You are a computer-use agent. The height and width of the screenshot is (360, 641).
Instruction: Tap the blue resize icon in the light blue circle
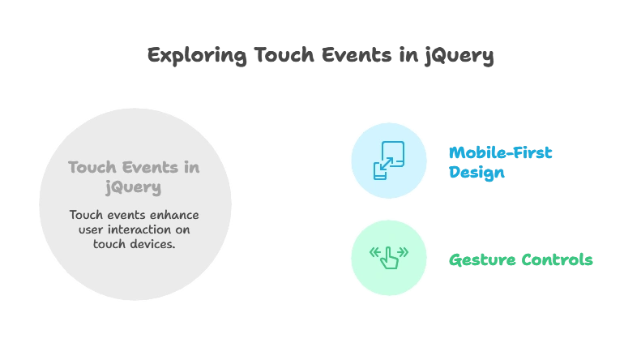[388, 161]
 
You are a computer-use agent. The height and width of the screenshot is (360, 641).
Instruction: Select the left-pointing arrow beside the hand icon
[374, 253]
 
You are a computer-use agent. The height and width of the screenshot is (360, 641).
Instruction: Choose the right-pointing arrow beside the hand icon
[403, 253]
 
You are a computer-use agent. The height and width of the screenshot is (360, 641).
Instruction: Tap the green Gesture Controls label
[521, 259]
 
